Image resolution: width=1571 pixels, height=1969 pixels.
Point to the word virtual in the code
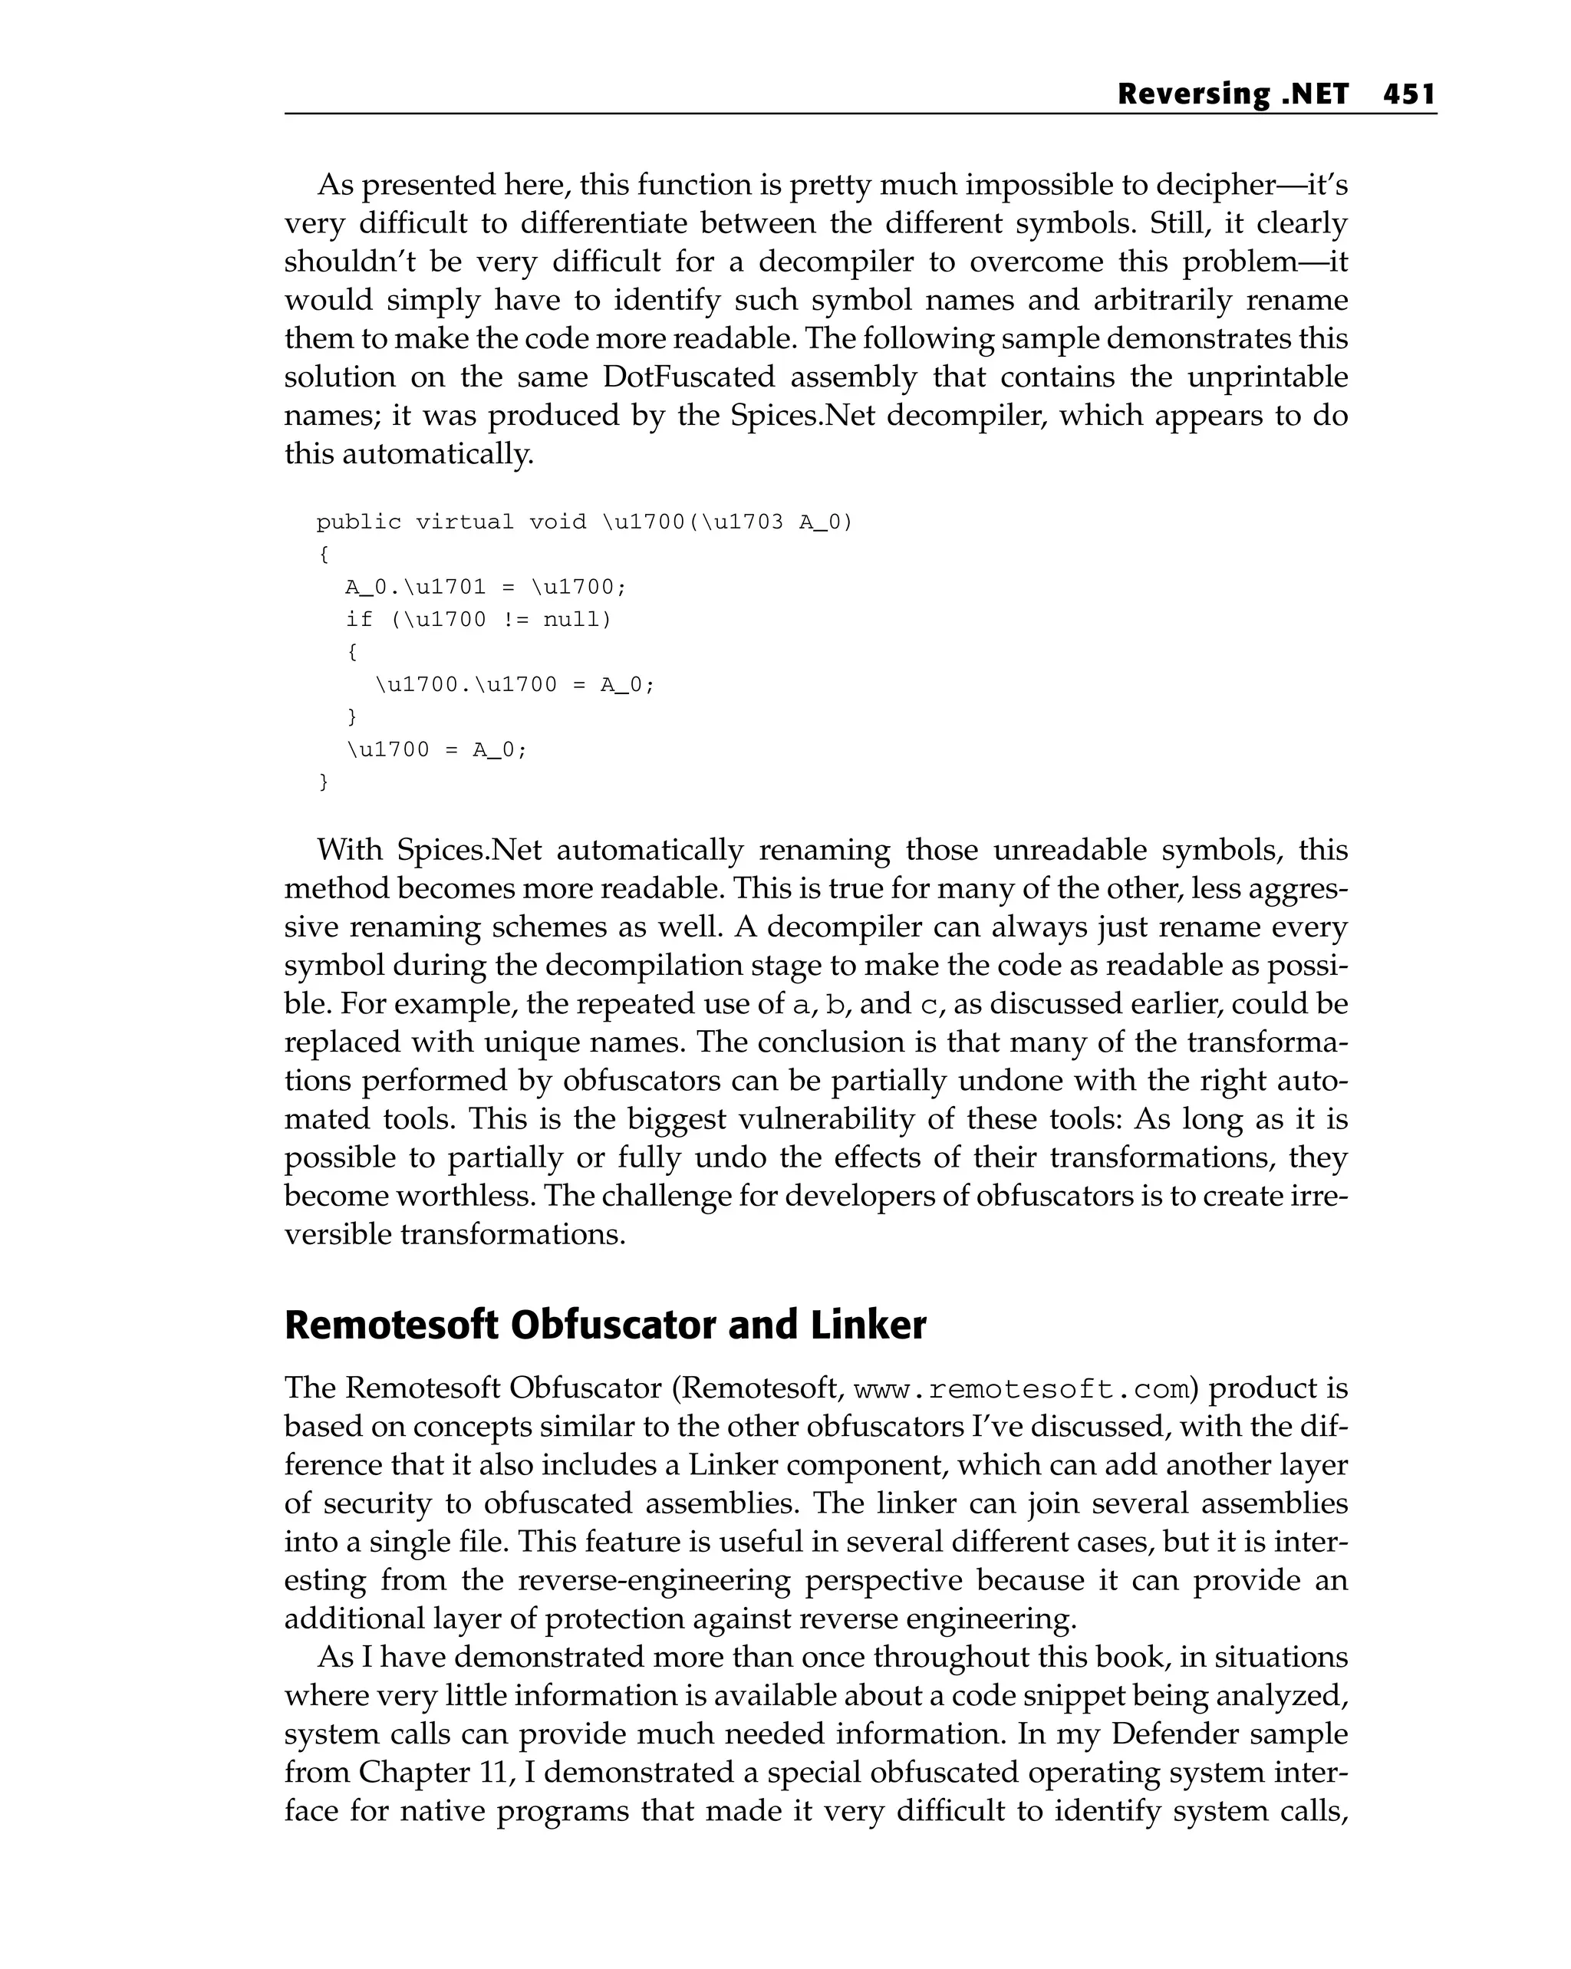(x=465, y=522)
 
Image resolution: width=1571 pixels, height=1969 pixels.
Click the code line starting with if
(x=478, y=620)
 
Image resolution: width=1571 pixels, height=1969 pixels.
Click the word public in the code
(x=359, y=522)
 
